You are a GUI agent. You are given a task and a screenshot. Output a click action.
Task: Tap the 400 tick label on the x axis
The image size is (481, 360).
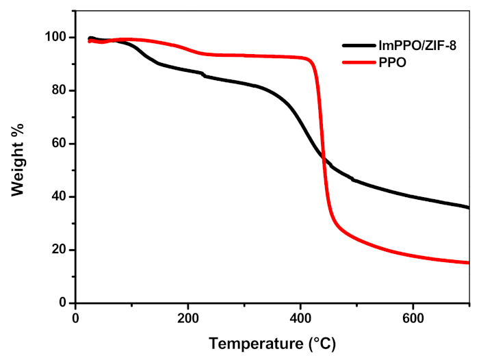pyautogui.click(x=300, y=318)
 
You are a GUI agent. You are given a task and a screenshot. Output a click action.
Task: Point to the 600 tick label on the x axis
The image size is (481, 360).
pyautogui.click(x=413, y=318)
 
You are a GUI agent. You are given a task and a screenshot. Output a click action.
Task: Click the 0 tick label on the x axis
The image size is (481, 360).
pyautogui.click(x=75, y=318)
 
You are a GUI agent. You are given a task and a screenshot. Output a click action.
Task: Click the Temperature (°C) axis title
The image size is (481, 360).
pyautogui.click(x=272, y=342)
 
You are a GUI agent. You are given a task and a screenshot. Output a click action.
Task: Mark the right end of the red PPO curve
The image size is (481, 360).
pyautogui.click(x=469, y=263)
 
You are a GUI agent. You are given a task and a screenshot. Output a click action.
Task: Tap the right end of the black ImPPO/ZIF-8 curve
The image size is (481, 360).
pyautogui.click(x=469, y=207)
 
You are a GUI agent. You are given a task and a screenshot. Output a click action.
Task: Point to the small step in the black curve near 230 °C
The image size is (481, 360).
pyautogui.click(x=203, y=75)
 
